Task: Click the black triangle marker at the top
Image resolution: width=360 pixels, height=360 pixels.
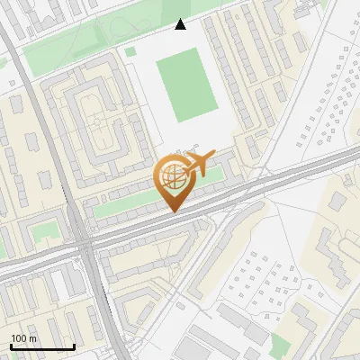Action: point(181,24)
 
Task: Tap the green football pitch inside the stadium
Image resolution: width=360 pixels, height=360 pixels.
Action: point(186,85)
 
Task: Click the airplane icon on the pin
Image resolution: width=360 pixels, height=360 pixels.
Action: point(201,164)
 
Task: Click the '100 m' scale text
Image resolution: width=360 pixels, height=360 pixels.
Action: point(24,338)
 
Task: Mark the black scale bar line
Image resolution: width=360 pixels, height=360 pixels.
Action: point(42,347)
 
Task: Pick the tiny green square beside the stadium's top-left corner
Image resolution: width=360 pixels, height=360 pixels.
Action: point(130,51)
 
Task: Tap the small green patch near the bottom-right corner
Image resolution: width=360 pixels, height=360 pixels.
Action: point(281,345)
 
